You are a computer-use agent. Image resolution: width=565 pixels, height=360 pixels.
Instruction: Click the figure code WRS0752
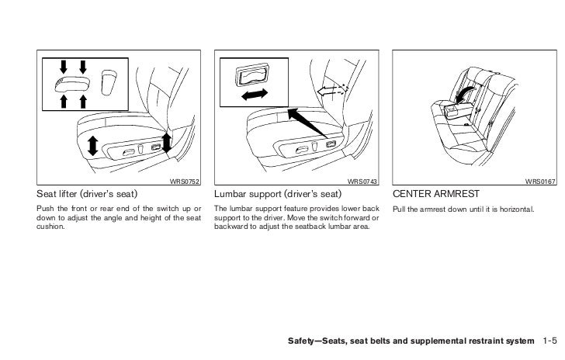pos(184,182)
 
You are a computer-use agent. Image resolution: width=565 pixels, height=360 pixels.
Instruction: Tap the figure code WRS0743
pos(362,182)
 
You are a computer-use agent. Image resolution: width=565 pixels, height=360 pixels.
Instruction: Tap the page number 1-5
pos(550,341)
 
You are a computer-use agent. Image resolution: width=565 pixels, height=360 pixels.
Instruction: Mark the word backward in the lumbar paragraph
pos(232,228)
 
